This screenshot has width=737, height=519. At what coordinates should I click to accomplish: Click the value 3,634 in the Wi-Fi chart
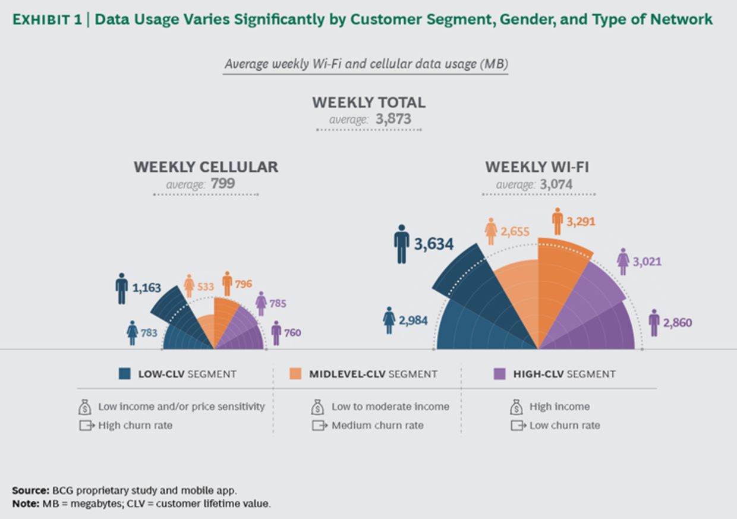tap(433, 244)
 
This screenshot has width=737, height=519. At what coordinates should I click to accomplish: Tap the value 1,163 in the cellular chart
tap(147, 288)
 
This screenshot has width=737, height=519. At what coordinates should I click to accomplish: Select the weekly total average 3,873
tap(393, 119)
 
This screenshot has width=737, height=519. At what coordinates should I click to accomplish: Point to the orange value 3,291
tap(581, 222)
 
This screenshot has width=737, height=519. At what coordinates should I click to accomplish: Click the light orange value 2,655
tap(515, 232)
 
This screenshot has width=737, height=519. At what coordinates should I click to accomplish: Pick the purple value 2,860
tap(678, 323)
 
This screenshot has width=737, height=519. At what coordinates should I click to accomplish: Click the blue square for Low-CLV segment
tap(125, 374)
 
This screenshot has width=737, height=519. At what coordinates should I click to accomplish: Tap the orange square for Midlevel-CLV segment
tap(295, 374)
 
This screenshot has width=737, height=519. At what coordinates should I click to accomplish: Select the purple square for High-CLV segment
tap(500, 374)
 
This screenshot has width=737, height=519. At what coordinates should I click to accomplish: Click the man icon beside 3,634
tap(402, 244)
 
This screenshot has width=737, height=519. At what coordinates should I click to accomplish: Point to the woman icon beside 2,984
tap(389, 320)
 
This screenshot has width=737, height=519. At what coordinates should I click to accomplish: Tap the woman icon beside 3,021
tap(623, 262)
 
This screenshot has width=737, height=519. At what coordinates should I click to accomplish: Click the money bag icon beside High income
tap(515, 407)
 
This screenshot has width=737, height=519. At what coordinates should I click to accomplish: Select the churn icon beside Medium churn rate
tap(319, 426)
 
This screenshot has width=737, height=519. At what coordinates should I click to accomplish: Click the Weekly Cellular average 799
tap(223, 184)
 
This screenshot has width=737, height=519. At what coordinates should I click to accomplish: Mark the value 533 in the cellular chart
tap(206, 287)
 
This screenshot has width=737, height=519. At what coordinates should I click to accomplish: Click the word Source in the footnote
tap(29, 490)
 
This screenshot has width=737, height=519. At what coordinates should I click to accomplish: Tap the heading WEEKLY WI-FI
tap(537, 167)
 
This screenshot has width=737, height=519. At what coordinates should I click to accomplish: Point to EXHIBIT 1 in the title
tap(48, 20)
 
